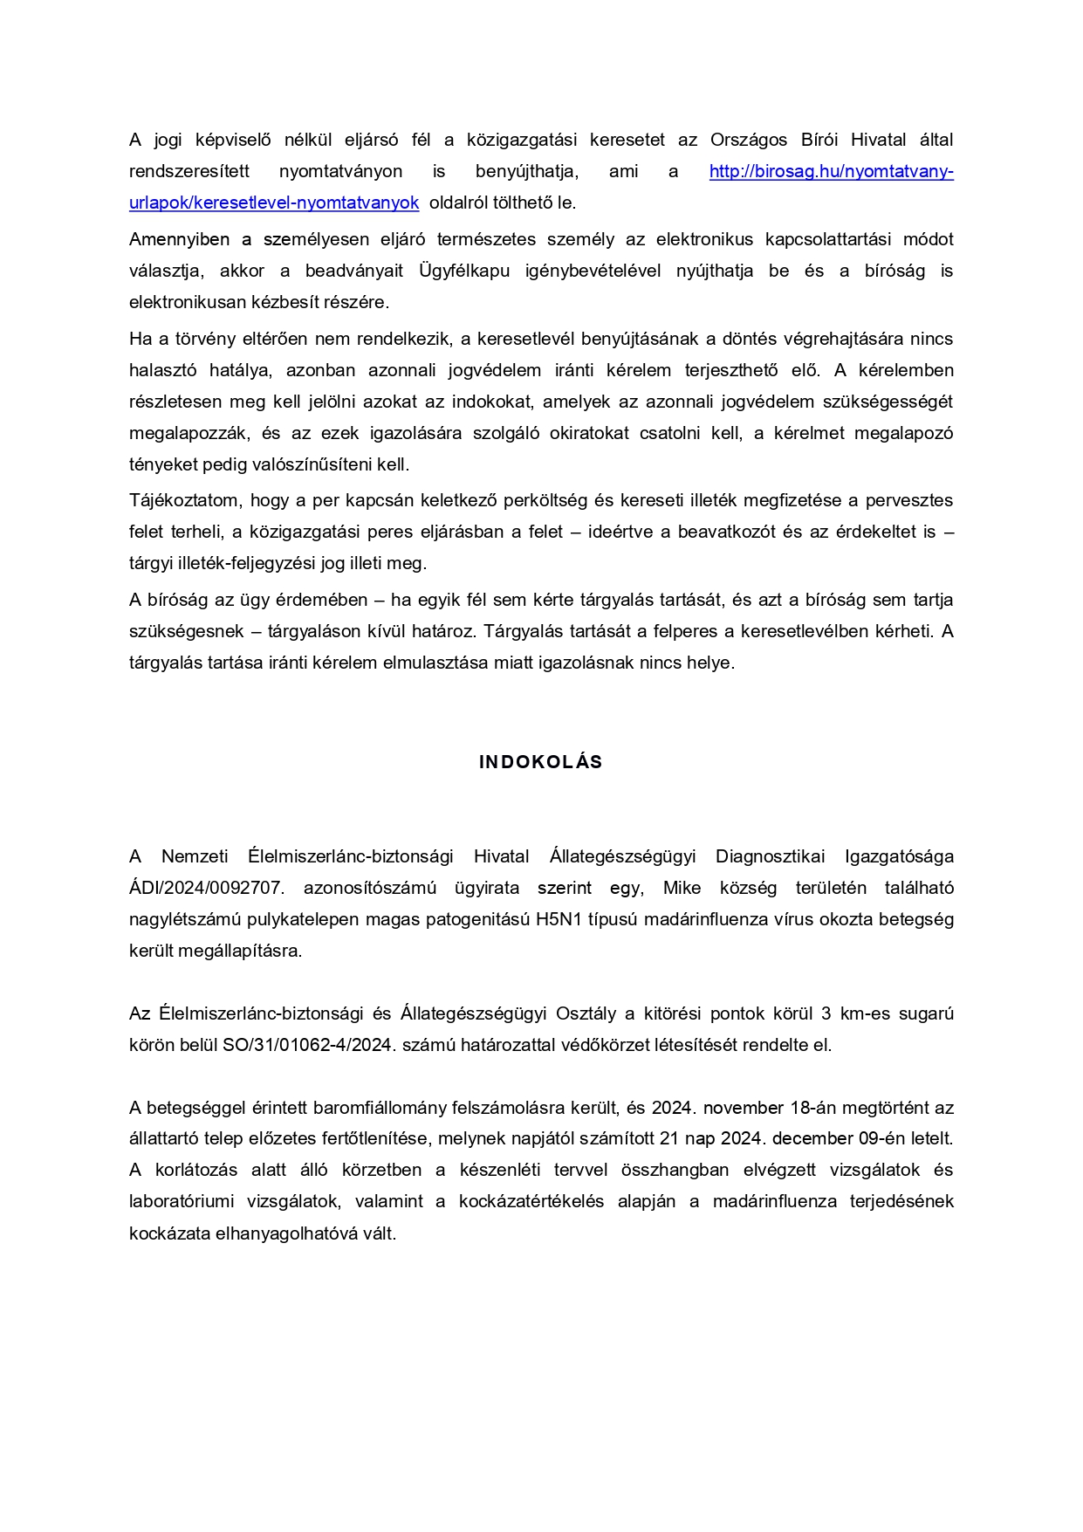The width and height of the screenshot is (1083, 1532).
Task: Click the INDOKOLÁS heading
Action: pos(540,762)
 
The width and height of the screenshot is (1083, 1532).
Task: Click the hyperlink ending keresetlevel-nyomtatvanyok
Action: pos(274,203)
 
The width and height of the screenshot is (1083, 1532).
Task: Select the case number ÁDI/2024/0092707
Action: pos(206,889)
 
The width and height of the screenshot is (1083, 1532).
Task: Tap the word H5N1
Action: pos(558,920)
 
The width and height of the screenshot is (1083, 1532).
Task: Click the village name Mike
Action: pos(682,889)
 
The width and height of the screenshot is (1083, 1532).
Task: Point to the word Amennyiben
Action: pos(179,239)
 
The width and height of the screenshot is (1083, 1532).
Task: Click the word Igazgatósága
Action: pos(899,856)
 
